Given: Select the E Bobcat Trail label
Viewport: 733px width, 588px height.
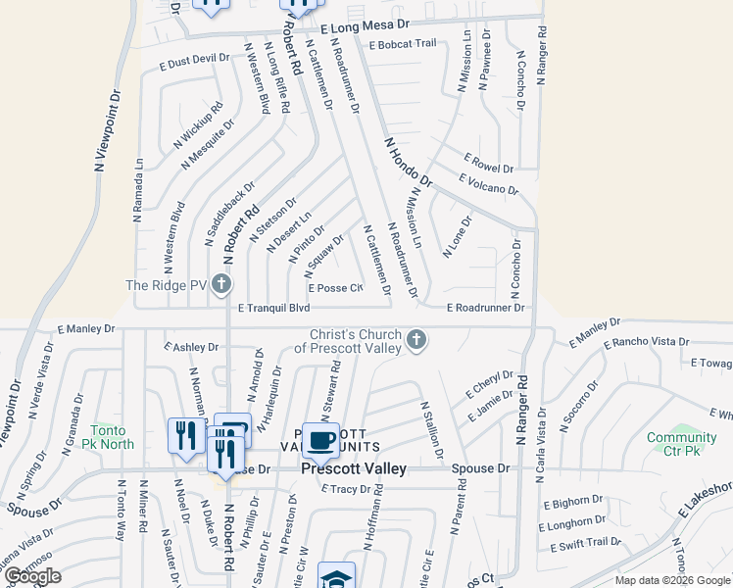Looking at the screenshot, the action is tap(402, 44).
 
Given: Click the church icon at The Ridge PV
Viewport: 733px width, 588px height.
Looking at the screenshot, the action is tap(221, 285).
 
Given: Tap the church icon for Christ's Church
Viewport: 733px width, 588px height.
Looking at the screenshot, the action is tap(417, 340).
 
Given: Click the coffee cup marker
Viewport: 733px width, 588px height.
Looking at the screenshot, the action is tap(320, 440).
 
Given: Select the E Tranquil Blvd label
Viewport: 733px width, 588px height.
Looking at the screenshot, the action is tap(273, 308).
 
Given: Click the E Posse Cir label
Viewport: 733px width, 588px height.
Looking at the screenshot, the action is tap(335, 288).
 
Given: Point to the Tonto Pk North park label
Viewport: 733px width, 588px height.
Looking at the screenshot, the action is tap(112, 437).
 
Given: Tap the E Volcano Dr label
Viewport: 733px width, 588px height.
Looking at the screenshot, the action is tap(488, 183).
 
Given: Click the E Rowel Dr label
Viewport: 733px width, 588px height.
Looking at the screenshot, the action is tap(488, 161).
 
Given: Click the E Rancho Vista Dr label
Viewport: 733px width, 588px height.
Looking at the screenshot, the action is tap(647, 344).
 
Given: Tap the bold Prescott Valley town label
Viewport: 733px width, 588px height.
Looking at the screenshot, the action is tap(353, 469).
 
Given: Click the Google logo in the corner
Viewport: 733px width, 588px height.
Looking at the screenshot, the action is tap(32, 575).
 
